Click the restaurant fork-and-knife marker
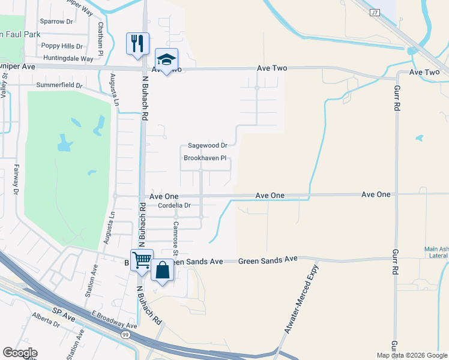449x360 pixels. point(137,43)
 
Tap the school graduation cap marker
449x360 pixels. point(166,59)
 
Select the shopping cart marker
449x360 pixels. point(142,260)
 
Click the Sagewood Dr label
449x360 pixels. point(208,145)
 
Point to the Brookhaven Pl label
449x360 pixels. point(205,158)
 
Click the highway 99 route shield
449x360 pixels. point(125,334)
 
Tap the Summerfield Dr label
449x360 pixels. point(59,85)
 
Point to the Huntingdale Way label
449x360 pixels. point(68,59)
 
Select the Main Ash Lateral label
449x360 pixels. point(436,252)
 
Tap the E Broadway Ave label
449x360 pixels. point(115,320)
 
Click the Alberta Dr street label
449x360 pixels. point(47,320)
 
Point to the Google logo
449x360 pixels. point(20,353)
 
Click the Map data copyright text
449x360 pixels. point(412,355)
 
